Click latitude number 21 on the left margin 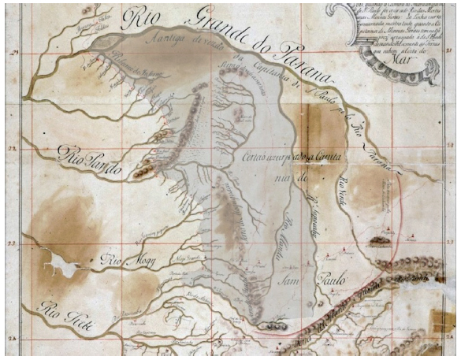tap(13, 52)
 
